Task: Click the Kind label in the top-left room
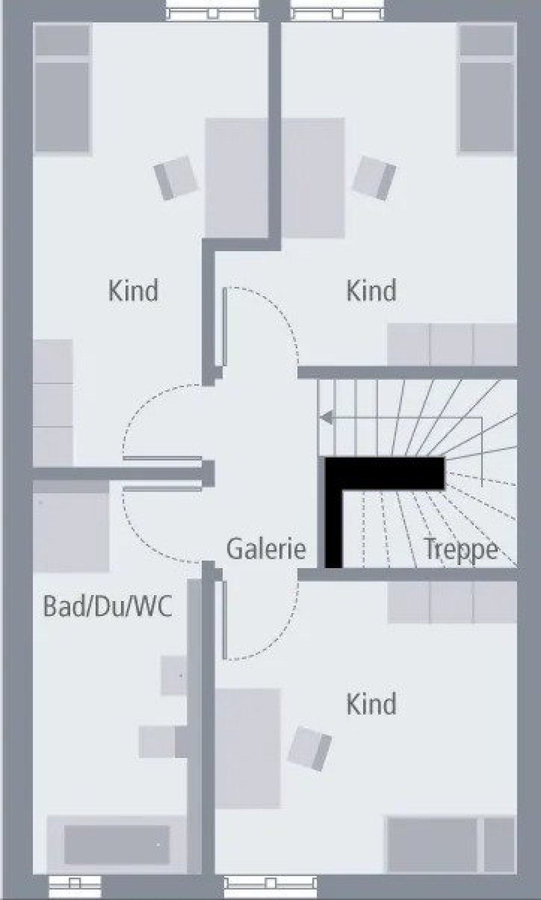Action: [x=133, y=290]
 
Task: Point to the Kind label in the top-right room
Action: [x=372, y=290]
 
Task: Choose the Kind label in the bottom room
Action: [x=372, y=704]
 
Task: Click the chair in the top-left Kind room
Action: [x=176, y=178]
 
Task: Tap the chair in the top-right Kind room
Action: [x=374, y=178]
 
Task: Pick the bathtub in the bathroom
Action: [x=116, y=845]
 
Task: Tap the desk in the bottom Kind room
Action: [x=247, y=748]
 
